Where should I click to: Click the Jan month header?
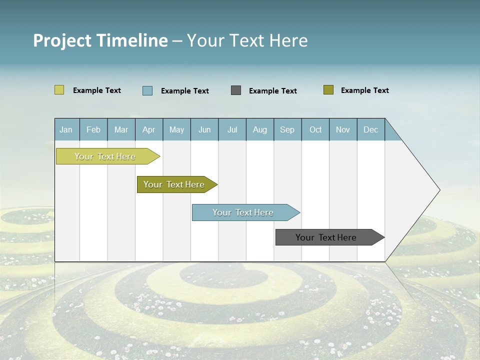click(66, 129)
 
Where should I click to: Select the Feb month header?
click(93, 129)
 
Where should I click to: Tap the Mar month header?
click(121, 129)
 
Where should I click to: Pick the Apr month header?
click(149, 129)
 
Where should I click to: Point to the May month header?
click(176, 129)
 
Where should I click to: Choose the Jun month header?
click(204, 129)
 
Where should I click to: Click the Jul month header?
click(232, 129)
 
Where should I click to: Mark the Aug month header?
click(260, 129)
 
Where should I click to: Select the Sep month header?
click(287, 129)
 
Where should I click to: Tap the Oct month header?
click(315, 129)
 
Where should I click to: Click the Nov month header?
click(343, 129)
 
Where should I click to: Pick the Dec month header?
click(371, 129)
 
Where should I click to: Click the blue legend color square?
click(147, 90)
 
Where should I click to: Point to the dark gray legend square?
click(236, 90)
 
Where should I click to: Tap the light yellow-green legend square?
click(59, 90)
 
